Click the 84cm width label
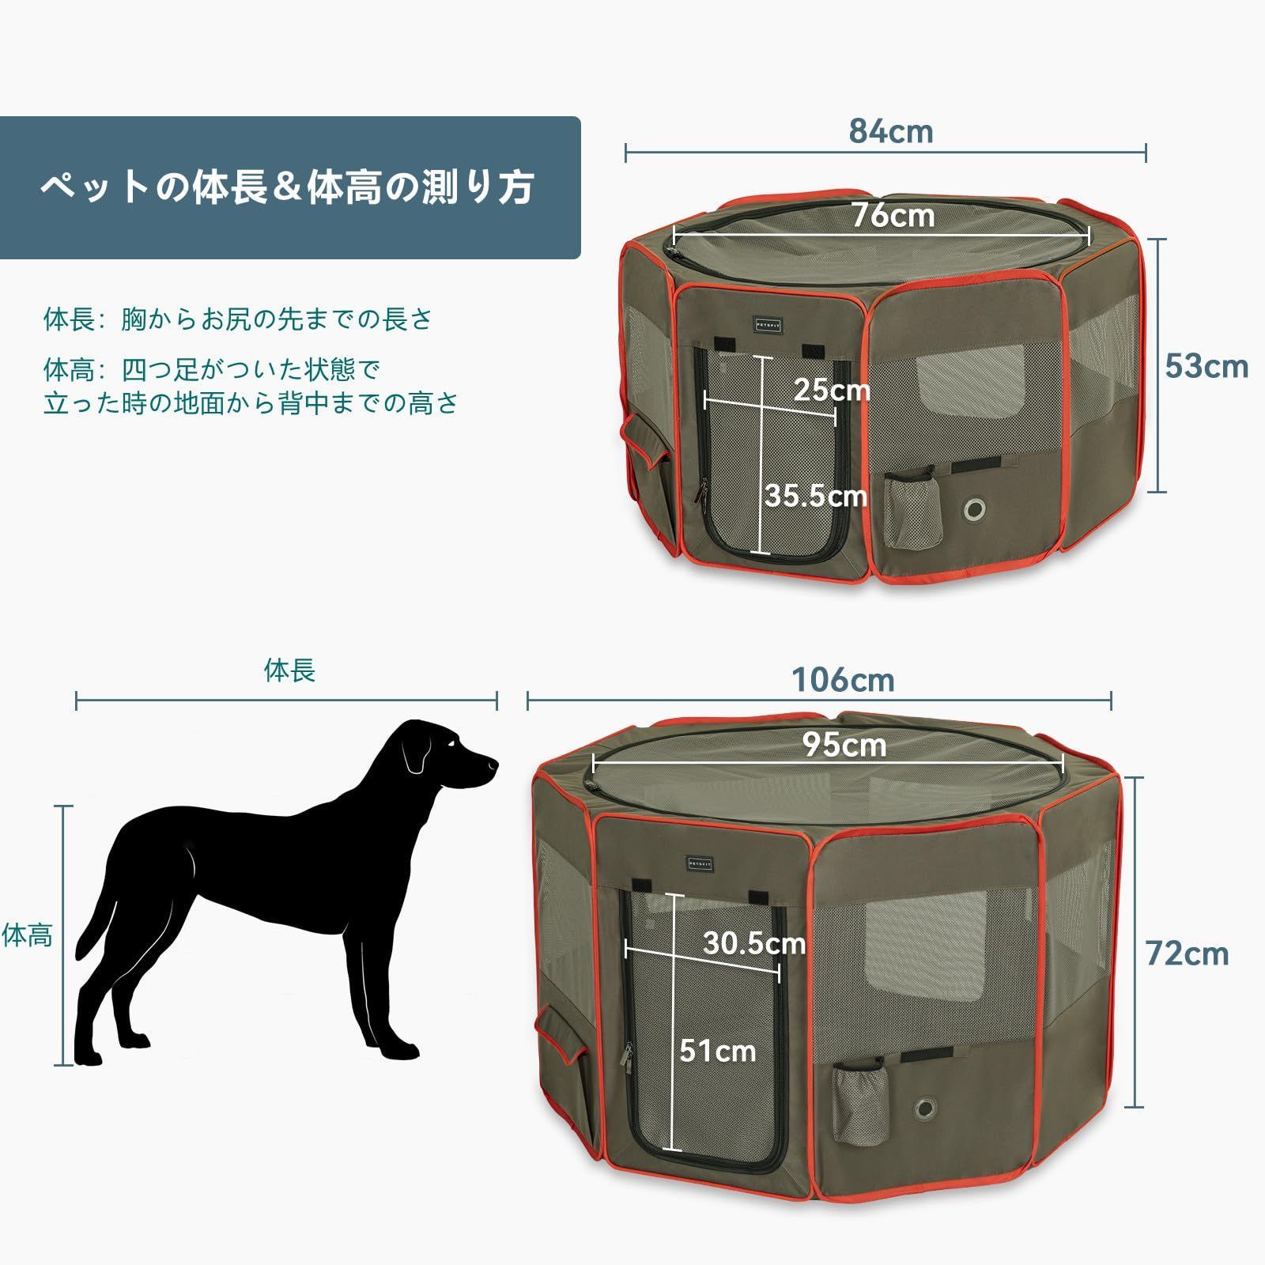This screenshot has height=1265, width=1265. (891, 131)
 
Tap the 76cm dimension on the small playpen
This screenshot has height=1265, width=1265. (893, 215)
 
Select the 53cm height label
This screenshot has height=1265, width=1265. (1206, 366)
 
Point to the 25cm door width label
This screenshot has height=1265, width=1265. (831, 389)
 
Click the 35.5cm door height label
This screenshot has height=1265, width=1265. (815, 496)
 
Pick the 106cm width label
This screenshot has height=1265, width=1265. (844, 680)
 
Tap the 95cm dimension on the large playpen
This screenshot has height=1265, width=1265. (844, 745)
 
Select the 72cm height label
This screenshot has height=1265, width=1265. (1188, 954)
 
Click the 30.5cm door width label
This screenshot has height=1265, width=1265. (754, 942)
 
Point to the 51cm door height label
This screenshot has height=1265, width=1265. (718, 1051)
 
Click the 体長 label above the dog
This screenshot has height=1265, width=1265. (289, 670)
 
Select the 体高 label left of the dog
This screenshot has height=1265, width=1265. (28, 935)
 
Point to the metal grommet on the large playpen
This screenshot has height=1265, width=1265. (926, 1108)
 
